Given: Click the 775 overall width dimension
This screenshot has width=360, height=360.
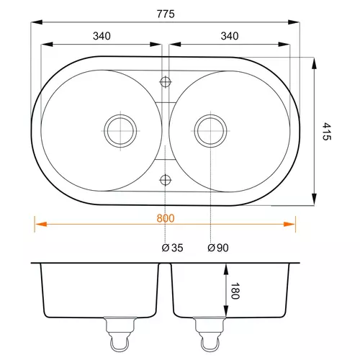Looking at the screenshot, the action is (166, 14).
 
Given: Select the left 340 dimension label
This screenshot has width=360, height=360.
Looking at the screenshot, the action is (102, 36).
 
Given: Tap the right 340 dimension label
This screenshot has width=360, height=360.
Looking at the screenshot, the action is (230, 36).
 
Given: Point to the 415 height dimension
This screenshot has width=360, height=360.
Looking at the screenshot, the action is (326, 131).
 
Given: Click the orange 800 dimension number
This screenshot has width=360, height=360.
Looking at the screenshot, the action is (166, 218).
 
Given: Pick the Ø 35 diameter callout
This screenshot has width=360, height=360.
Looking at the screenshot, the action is (172, 248).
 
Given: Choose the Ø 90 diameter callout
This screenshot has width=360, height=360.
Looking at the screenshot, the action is (218, 248).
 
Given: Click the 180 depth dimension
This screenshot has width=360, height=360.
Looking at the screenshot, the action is (235, 291).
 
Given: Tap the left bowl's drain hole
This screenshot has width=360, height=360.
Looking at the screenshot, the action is (120, 131).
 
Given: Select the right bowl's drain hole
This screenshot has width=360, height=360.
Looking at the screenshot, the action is (210, 131).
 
